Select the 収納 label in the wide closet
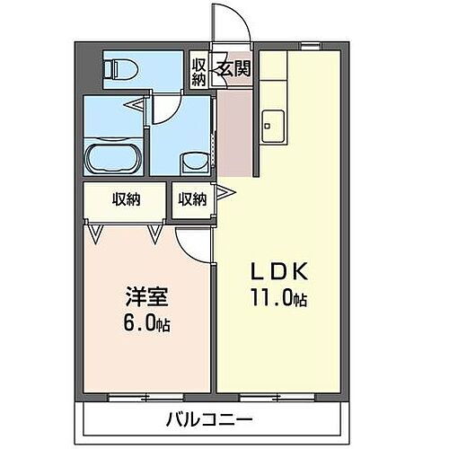pyautogui.click(x=126, y=199)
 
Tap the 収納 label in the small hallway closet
pyautogui.click(x=192, y=199)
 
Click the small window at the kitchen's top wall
pyautogui.click(x=310, y=45)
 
